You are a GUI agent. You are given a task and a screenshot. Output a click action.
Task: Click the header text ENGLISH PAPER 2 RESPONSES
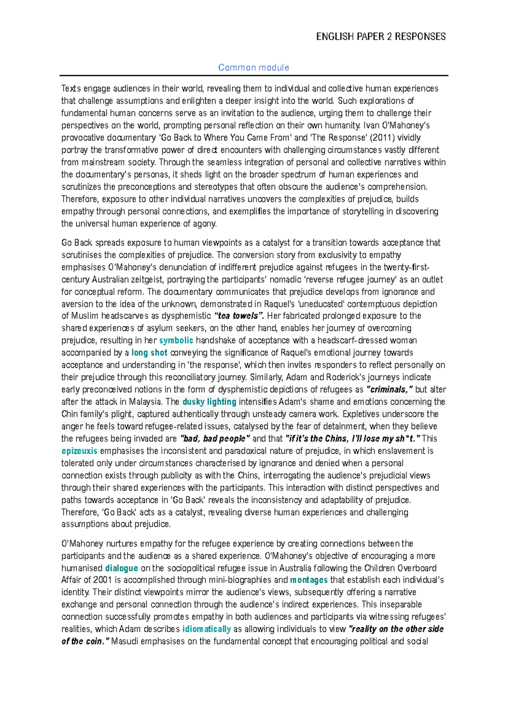(x=381, y=37)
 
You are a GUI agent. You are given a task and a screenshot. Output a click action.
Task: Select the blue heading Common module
(x=253, y=68)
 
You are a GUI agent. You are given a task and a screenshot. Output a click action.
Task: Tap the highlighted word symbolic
(x=176, y=340)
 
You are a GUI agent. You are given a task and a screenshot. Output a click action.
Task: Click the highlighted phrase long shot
(x=149, y=353)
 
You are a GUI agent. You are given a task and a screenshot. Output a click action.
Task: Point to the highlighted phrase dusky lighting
(x=209, y=402)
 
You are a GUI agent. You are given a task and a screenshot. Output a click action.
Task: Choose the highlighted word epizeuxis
(x=79, y=451)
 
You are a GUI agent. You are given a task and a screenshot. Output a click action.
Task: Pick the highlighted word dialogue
(x=121, y=568)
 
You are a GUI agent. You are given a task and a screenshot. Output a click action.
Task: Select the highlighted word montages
(x=309, y=580)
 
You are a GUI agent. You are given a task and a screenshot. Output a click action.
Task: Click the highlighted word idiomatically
(x=207, y=629)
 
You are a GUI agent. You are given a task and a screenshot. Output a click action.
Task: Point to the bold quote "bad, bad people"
(x=215, y=439)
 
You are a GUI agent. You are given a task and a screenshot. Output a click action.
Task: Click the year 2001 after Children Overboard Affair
(x=102, y=580)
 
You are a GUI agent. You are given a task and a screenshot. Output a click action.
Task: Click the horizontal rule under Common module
(x=253, y=76)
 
